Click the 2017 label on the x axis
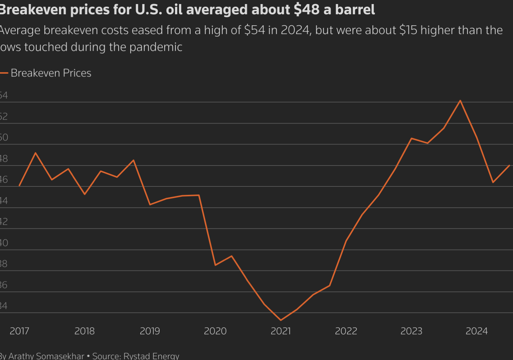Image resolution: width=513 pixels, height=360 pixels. [19, 331]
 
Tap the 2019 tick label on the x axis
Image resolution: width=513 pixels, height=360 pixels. [150, 331]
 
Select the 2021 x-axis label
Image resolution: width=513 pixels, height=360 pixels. [281, 331]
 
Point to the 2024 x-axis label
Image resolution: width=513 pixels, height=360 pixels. [477, 331]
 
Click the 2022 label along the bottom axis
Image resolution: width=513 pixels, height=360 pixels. [346, 331]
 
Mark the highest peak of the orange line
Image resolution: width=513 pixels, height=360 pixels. [460, 101]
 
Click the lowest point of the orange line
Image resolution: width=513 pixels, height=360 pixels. [281, 320]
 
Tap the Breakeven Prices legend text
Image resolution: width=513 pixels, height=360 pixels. [51, 73]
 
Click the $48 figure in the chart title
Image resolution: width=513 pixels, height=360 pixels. [307, 10]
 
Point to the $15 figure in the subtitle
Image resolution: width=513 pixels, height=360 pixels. [408, 30]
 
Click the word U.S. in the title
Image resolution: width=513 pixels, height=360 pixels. [149, 10]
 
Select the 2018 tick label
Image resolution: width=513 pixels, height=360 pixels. [84, 331]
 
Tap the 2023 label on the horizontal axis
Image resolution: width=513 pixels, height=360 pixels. [411, 331]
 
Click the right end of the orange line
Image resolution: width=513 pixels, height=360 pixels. [509, 166]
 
